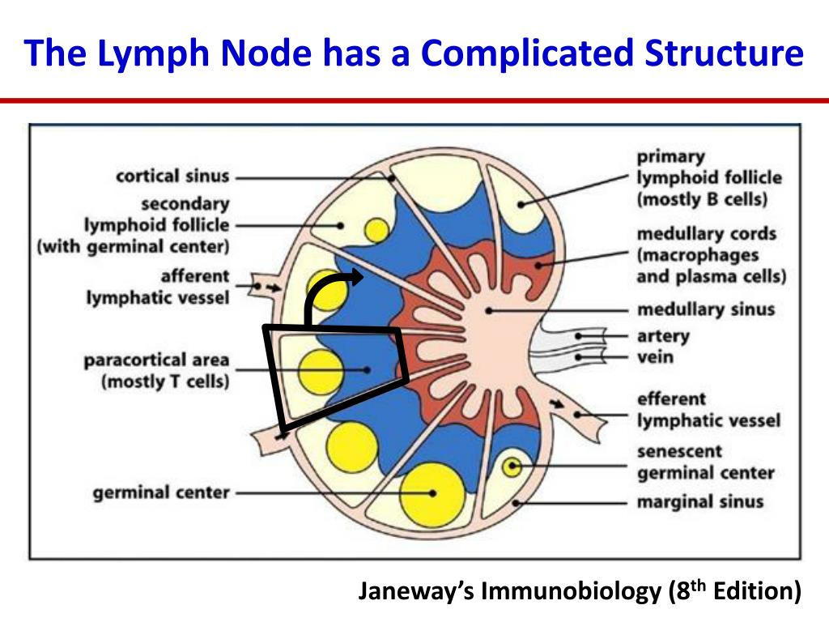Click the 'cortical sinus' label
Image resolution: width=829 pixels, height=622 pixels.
(x=172, y=176)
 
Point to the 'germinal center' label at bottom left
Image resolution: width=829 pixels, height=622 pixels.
(x=161, y=492)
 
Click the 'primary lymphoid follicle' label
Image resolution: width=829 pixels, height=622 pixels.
(x=709, y=177)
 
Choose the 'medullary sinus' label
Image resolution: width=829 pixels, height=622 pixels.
(x=706, y=309)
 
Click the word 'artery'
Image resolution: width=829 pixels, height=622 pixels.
(x=663, y=335)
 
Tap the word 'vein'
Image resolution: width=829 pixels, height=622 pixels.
(x=655, y=356)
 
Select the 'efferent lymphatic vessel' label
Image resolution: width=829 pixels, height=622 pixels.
(x=708, y=409)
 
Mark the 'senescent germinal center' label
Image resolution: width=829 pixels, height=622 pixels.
(x=705, y=462)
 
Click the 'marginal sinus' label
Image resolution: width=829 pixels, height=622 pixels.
(x=699, y=501)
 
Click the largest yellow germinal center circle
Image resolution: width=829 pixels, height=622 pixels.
(x=432, y=492)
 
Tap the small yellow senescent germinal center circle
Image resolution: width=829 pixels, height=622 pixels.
(x=511, y=466)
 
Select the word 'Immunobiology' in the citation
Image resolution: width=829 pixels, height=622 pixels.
(x=572, y=592)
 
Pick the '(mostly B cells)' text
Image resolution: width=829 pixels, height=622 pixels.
(x=702, y=199)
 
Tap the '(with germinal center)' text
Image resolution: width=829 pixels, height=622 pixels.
(x=133, y=245)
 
